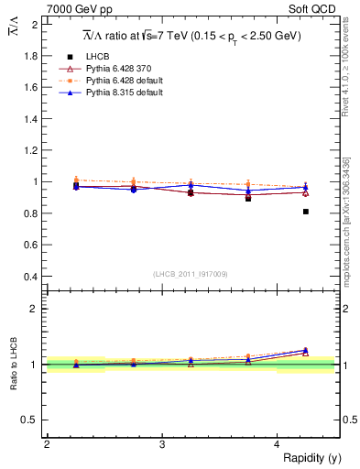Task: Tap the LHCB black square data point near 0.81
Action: point(306,212)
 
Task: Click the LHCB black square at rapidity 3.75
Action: point(248,198)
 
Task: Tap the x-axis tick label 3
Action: point(161,444)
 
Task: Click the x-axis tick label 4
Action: point(277,444)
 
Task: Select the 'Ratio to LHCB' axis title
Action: point(14,365)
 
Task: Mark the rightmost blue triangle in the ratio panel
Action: point(306,350)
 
